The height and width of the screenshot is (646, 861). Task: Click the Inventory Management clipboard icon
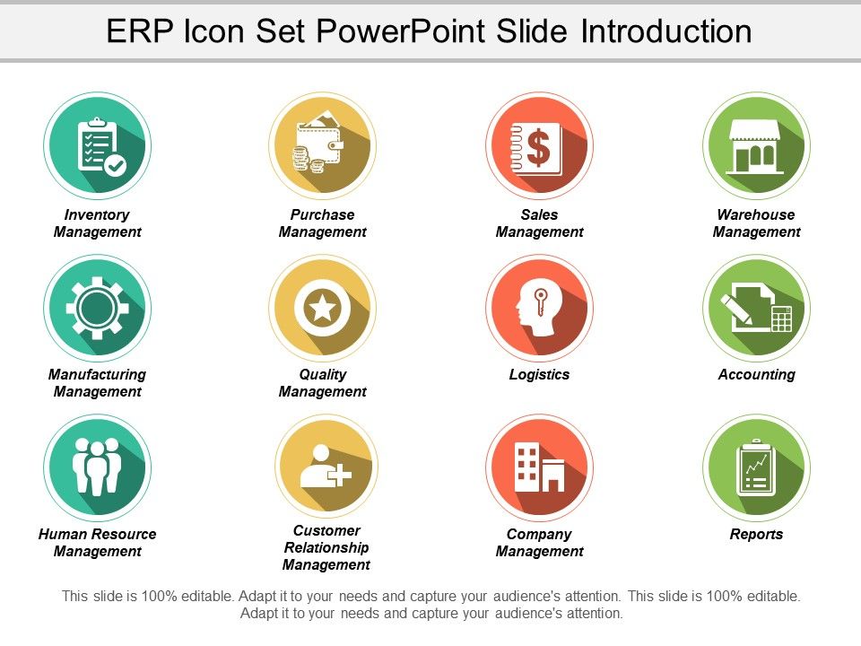pos(97,146)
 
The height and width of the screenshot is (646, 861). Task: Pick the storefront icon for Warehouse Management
pos(756,146)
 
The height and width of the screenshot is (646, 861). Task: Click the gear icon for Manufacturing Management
pos(97,308)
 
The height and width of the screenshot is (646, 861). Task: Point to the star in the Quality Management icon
pos(322,308)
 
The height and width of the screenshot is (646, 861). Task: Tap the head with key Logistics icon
pos(537,309)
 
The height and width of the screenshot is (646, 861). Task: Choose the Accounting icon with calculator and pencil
pos(756,308)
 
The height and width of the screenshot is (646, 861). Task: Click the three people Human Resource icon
pos(97,467)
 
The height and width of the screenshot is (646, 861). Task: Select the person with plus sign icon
pos(322,467)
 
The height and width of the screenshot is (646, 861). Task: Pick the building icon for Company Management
pos(539,467)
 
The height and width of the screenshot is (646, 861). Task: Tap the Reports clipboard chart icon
pos(756,467)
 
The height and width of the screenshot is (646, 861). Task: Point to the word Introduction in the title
pos(666,31)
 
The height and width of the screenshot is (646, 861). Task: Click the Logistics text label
pos(539,374)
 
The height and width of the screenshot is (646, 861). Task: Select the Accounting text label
pos(756,374)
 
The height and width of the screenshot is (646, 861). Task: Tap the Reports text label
pos(756,534)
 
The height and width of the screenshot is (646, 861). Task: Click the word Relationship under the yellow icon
pos(326,547)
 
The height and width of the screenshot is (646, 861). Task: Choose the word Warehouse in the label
pos(756,214)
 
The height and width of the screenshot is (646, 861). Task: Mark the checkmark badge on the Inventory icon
pos(116,165)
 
